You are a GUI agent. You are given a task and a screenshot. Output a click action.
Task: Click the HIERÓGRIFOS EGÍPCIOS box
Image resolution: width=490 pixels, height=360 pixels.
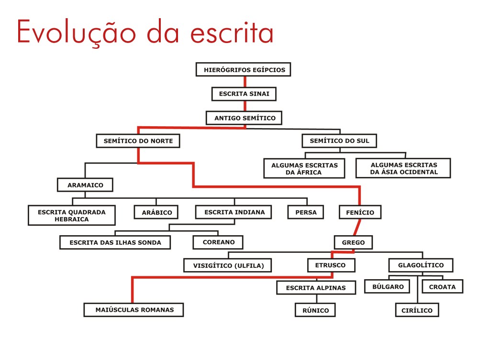tap(244, 70)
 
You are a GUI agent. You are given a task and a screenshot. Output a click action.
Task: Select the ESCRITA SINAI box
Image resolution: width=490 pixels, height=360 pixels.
tap(244, 94)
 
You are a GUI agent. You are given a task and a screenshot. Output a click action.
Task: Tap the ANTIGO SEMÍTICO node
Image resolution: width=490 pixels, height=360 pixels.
tap(245, 118)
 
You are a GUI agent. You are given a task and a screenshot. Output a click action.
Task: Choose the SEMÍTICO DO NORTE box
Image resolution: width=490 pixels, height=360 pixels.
tap(138, 142)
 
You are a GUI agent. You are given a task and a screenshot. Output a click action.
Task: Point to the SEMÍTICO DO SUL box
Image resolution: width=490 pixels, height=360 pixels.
tap(339, 141)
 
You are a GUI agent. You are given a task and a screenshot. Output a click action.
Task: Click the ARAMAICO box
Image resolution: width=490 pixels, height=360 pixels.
tap(85, 185)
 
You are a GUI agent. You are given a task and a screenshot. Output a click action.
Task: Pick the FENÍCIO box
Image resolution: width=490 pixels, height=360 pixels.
tap(360, 212)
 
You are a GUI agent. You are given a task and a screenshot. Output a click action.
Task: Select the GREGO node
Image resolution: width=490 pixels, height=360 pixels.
tap(353, 242)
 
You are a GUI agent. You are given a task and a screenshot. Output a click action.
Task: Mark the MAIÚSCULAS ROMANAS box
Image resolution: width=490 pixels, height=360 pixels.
tap(134, 310)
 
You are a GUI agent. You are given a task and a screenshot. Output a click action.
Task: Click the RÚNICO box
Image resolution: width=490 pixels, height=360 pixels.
tap(315, 310)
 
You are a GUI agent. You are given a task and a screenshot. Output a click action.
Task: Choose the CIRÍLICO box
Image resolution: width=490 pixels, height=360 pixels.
tap(417, 310)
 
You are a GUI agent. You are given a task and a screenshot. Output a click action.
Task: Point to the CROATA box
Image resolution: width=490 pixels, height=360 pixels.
tap(442, 287)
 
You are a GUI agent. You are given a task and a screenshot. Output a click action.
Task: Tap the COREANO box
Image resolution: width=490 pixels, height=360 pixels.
tap(218, 242)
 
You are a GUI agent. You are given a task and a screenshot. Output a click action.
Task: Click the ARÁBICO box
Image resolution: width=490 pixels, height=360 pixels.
tap(156, 212)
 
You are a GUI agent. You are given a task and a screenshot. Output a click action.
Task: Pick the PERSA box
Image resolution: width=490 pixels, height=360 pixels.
tap(306, 212)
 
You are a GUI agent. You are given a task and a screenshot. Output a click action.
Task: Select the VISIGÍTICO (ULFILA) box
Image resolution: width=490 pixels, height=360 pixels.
tap(228, 265)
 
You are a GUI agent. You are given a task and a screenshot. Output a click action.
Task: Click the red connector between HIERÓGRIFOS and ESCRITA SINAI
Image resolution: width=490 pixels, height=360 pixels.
tap(245, 82)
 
